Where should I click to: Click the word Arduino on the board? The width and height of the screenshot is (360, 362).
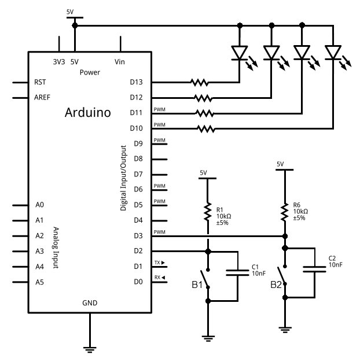(x=87, y=112)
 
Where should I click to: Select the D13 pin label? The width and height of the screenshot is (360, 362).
(x=137, y=82)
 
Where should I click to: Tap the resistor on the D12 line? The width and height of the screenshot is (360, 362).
(x=202, y=97)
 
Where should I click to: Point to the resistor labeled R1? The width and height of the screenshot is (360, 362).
(x=207, y=213)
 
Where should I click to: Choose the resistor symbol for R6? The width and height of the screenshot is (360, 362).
(x=284, y=212)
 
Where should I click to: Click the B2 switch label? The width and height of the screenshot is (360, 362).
(x=276, y=285)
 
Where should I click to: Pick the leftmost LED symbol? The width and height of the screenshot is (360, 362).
(x=240, y=53)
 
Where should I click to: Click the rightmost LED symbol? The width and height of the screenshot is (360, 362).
(x=333, y=53)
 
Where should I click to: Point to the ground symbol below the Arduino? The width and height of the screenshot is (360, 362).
(x=90, y=348)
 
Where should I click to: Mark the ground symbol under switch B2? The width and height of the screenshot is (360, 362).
(x=284, y=329)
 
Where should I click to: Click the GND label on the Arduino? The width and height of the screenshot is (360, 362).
(x=90, y=302)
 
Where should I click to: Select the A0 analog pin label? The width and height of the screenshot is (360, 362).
(x=39, y=205)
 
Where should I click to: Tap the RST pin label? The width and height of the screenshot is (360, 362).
(x=41, y=82)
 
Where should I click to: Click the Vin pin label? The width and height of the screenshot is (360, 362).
(x=120, y=61)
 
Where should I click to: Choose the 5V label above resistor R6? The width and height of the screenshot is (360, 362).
(x=281, y=164)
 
